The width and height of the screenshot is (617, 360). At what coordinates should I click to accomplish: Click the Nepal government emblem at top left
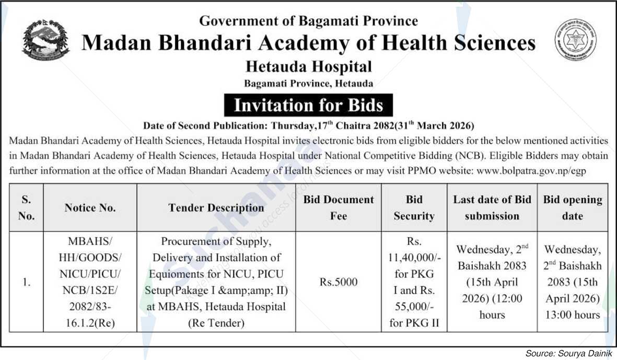coord(45,40)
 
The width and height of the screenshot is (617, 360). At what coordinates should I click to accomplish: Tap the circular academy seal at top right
coord(575,40)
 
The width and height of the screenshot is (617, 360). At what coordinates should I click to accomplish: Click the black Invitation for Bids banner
coord(308,105)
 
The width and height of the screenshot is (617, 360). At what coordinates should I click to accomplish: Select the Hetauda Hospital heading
coord(308,67)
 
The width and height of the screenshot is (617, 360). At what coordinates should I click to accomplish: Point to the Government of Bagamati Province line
coord(308,21)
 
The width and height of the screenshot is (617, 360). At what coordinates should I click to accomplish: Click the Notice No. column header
coord(90,207)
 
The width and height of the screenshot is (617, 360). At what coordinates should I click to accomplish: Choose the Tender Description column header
coord(216,207)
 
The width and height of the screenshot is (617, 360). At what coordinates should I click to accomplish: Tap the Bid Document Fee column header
coord(338,207)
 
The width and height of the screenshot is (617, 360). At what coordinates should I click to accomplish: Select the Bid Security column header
coord(414,207)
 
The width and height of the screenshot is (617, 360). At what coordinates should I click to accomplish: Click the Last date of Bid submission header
coord(492,207)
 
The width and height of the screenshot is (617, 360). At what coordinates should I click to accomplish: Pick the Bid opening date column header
coord(572,207)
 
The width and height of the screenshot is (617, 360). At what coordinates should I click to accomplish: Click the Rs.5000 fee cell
coord(338,282)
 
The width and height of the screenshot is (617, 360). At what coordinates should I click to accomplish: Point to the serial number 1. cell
coord(26,282)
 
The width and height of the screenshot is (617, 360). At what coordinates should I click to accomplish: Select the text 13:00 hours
coord(573,315)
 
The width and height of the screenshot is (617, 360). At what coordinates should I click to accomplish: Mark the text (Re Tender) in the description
coord(216,323)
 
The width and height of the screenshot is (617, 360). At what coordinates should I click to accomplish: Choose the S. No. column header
coord(26,207)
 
